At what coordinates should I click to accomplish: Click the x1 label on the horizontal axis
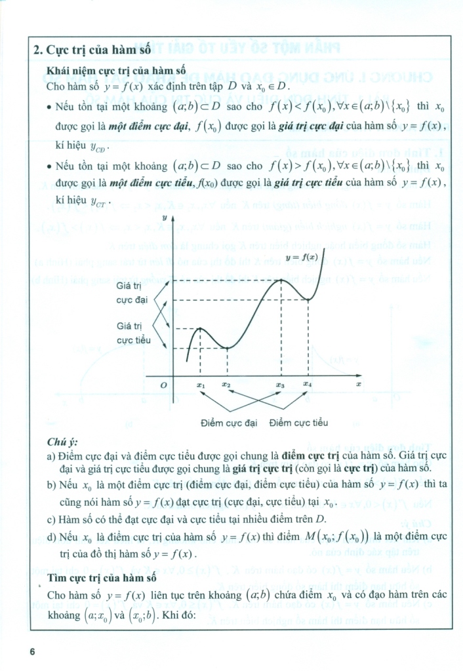201,385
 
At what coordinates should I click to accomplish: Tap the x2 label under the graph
226,385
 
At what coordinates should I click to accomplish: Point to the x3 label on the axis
280,385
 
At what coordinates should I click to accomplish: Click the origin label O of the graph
164,385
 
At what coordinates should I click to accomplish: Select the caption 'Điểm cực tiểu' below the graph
298,423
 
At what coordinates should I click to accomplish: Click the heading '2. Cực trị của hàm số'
92,49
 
